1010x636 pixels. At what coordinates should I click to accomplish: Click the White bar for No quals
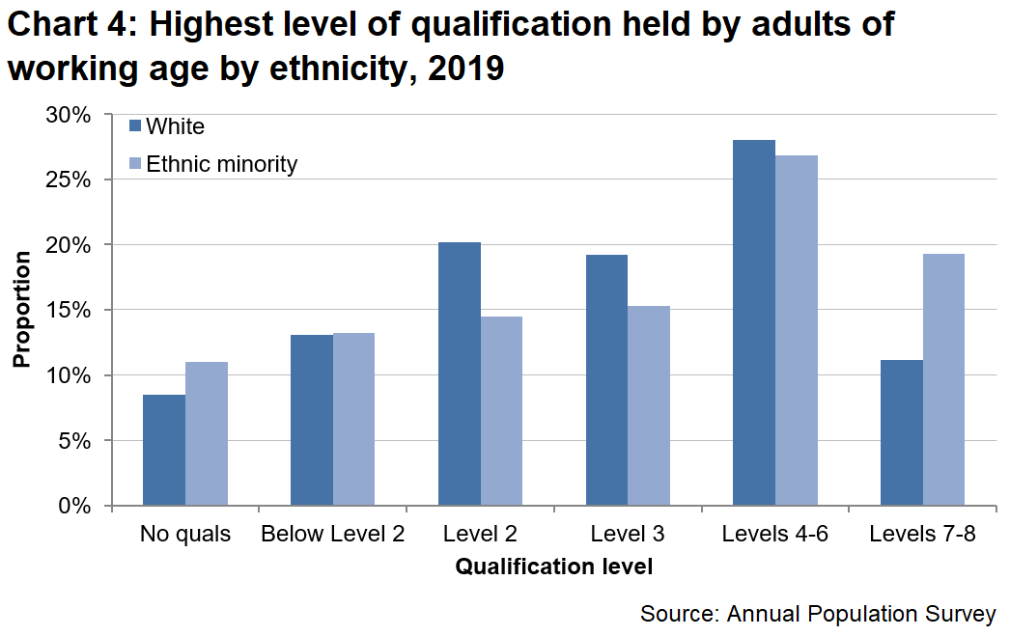164,450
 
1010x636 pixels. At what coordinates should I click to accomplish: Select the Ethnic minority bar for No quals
207,433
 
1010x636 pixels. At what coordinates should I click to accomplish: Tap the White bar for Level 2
460,373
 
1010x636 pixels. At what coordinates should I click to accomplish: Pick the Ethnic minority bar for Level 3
649,405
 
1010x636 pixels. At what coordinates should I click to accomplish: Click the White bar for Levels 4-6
754,322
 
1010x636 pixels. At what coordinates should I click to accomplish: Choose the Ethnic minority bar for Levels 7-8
943,379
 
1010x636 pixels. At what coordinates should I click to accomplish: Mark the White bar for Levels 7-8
902,432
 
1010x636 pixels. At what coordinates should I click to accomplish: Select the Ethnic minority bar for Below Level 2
354,419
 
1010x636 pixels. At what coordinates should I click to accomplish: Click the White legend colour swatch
135,125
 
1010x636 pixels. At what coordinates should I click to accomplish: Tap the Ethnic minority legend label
221,164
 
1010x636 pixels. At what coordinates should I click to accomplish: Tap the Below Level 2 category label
332,534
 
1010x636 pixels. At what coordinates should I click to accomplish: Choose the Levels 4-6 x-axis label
774,534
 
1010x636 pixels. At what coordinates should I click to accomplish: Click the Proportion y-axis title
21,309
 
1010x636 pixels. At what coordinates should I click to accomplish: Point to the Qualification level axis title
553,567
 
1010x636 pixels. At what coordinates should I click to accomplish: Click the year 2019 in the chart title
468,69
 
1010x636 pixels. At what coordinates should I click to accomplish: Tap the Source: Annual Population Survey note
817,614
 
